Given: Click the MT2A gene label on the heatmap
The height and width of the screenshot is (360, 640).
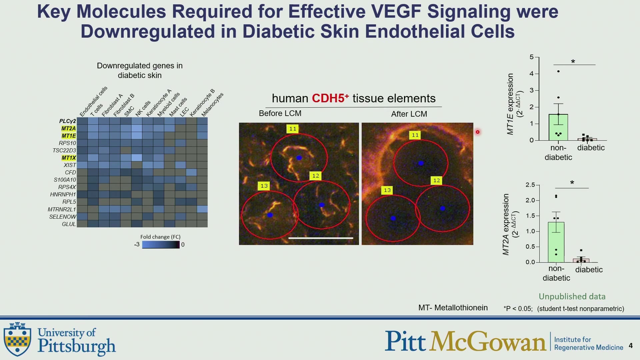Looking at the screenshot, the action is tap(69, 128).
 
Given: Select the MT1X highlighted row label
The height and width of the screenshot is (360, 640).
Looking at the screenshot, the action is tap(69, 158).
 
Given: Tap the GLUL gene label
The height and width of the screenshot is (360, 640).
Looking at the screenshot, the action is tap(69, 224).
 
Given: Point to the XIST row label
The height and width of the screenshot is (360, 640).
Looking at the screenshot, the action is tap(70, 165).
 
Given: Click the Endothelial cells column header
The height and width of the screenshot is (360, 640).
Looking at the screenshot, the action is tap(94, 101).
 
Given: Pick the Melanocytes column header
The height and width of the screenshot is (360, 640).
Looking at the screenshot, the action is tap(212, 104).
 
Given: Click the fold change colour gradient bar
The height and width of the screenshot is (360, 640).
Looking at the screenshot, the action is tap(161, 245).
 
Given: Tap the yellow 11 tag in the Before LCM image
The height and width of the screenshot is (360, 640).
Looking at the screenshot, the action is tap(293, 129).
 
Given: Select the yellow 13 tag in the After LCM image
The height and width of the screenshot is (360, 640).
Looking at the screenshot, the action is tap(387, 190).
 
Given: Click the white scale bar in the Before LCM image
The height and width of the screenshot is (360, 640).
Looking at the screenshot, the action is tap(321, 238).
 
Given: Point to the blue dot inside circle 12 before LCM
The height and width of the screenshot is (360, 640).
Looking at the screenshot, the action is tap(322, 205).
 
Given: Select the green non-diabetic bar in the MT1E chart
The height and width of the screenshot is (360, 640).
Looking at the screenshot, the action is tap(558, 127).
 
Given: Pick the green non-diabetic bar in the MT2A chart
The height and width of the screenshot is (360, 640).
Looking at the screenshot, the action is tap(556, 242).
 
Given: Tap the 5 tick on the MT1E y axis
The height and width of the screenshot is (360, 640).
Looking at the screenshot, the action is tap(532, 57).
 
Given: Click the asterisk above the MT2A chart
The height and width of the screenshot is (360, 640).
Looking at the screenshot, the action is tap(572, 183).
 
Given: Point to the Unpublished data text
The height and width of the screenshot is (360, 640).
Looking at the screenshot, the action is tap(572, 296).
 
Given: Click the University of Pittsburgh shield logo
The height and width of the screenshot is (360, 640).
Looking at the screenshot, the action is tap(17, 339).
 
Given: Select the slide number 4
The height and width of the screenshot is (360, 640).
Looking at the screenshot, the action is tap(631, 346).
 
